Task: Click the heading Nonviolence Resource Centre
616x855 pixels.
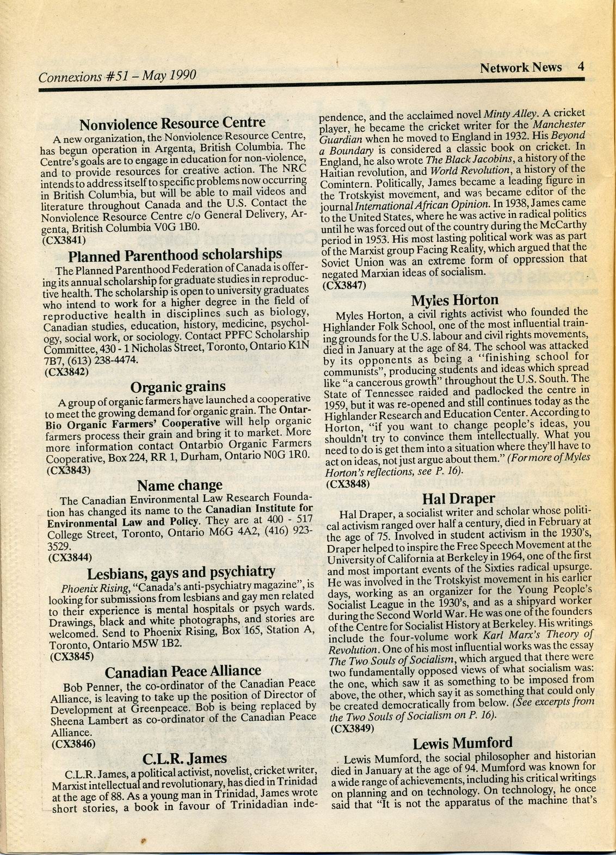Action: [x=173, y=124]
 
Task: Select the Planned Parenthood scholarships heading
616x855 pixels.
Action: [x=175, y=255]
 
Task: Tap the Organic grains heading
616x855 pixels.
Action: [x=178, y=386]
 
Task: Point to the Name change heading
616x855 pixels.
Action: [x=180, y=485]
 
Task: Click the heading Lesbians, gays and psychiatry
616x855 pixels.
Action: [x=181, y=572]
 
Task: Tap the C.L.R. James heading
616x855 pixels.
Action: [x=184, y=758]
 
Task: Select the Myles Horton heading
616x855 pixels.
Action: [x=454, y=300]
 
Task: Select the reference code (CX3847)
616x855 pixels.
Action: [x=344, y=284]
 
